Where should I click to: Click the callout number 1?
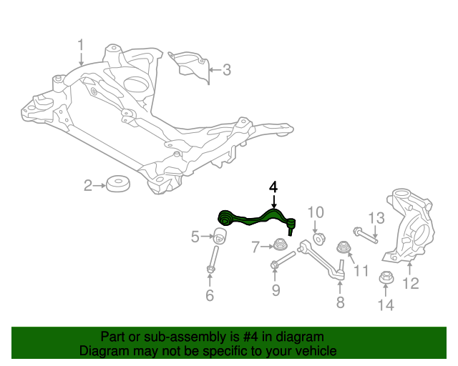81,46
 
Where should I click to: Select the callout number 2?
88,187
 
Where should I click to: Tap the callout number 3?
226,70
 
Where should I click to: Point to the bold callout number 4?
273,186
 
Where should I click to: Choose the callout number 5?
195,237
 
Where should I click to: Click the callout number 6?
210,295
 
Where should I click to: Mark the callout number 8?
340,302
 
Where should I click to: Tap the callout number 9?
276,290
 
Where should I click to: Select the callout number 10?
316,212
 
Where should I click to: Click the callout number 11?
360,271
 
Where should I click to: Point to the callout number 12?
410,284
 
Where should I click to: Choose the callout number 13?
376,217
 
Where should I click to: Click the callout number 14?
385,307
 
